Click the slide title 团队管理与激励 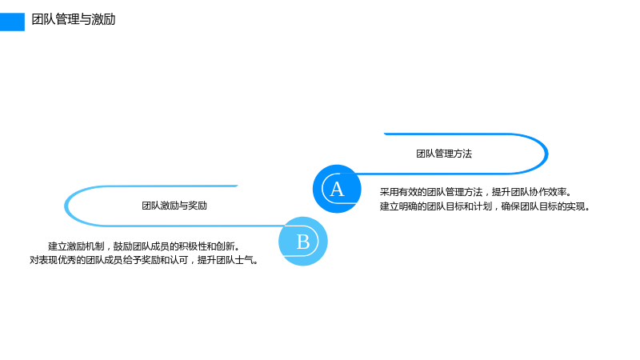click(x=74, y=19)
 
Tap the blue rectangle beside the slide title click(x=12, y=22)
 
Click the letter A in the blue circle click(x=337, y=189)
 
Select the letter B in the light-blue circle click(x=303, y=242)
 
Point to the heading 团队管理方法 click(x=444, y=154)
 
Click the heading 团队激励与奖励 click(x=174, y=206)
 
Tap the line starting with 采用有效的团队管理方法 click(x=476, y=192)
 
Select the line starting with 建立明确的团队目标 click(x=486, y=206)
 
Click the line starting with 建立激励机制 click(x=144, y=246)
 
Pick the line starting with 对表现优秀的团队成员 click(x=144, y=260)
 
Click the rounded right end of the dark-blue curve click(x=546, y=154)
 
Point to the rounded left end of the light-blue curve click(x=66, y=206)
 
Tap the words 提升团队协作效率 click(x=532, y=192)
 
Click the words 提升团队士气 click(x=228, y=260)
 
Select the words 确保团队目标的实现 click(x=546, y=206)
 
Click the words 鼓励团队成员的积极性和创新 click(x=176, y=246)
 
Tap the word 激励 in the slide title click(x=104, y=19)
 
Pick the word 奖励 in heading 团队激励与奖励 click(x=198, y=206)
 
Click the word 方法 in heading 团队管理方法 click(x=463, y=154)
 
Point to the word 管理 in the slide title click(x=68, y=19)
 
